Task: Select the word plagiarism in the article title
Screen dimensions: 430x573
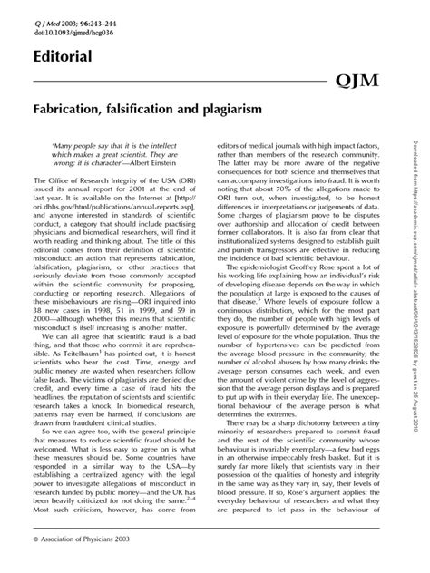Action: point(225,108)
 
